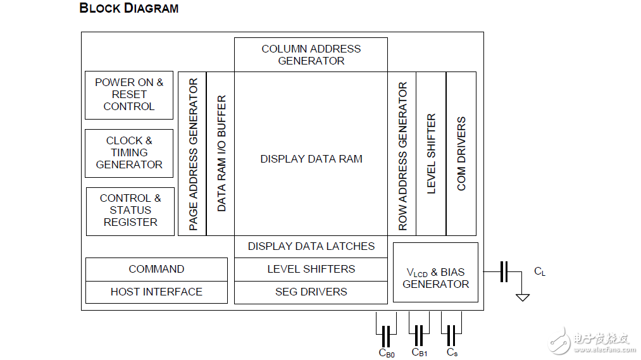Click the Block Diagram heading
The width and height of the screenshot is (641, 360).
(128, 8)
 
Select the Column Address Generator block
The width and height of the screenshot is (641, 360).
(311, 55)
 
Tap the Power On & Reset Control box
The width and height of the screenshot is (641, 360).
(129, 95)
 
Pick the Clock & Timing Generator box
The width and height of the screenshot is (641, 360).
(129, 153)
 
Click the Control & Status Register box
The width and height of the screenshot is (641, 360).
(130, 211)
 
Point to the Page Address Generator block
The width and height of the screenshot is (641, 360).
(193, 154)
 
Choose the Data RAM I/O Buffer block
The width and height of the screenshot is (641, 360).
(221, 154)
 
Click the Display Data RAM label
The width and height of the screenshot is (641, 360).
(311, 159)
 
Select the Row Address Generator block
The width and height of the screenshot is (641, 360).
(402, 154)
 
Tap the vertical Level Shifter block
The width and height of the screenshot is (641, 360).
(432, 154)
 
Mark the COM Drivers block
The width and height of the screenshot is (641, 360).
(461, 154)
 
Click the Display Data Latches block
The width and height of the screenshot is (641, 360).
(311, 246)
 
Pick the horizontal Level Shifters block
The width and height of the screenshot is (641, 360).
(311, 269)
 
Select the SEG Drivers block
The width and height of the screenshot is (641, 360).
(311, 292)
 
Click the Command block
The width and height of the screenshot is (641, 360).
(156, 269)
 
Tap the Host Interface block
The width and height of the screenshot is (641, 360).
(156, 292)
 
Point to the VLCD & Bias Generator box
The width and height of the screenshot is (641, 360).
(435, 278)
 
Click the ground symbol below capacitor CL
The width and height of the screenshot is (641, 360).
(522, 297)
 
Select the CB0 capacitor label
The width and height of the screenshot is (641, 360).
(387, 353)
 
